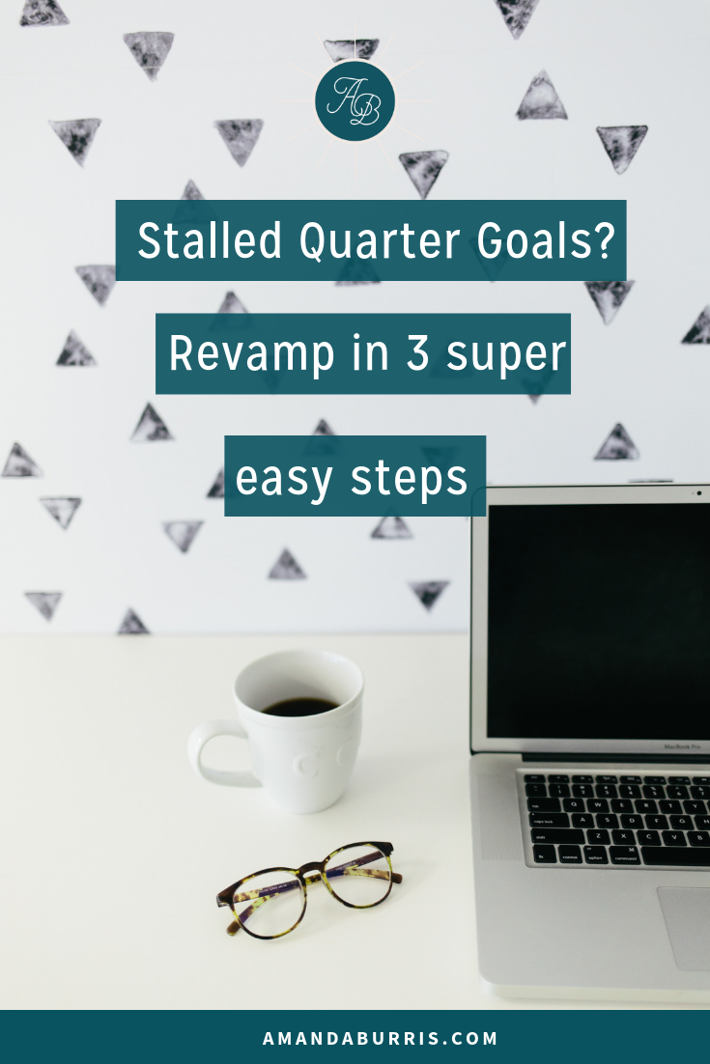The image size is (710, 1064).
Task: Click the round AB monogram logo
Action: (355, 101)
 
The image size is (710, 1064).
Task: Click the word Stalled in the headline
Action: (210, 240)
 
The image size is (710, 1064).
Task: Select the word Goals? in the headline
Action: (546, 240)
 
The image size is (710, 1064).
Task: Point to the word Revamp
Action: (251, 354)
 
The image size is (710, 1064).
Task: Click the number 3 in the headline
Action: (417, 352)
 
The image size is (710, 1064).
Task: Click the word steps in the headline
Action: (410, 478)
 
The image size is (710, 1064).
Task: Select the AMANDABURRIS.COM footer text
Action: (381, 1038)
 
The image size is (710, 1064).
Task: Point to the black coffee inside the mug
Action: (299, 707)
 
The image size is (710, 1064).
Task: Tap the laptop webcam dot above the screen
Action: (699, 493)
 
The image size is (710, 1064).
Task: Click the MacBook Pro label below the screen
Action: (681, 746)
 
